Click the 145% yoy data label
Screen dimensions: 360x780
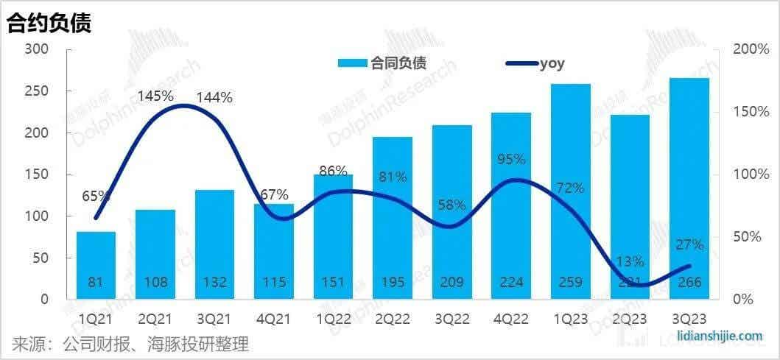coord(156,96)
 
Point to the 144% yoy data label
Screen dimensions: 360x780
coord(214,97)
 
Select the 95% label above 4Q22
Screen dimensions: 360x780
coord(511,160)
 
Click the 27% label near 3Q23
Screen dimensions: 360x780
coord(689,245)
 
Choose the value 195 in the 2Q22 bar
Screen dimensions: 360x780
coord(393,282)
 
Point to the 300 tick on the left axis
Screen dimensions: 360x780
coord(36,49)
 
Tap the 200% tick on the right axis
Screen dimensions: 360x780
coord(751,49)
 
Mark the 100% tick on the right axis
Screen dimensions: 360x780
coord(751,174)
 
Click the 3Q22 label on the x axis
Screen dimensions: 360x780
coord(452,319)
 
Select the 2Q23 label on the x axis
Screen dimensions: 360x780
coord(630,319)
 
